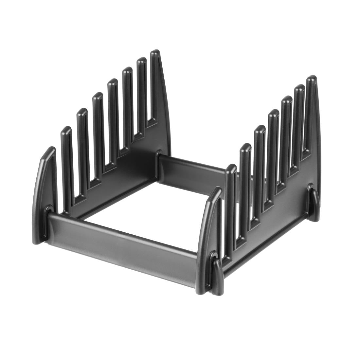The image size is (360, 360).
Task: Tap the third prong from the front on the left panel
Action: point(97,131)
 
